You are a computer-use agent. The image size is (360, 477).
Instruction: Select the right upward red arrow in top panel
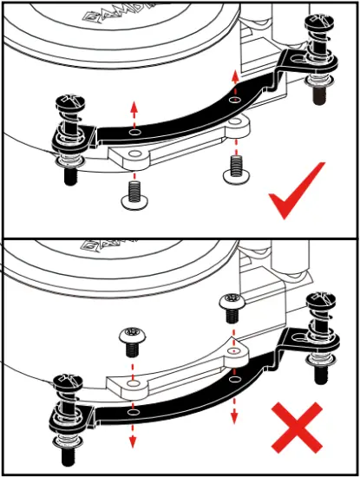click(234, 81)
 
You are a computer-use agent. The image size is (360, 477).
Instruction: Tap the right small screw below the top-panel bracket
click(234, 168)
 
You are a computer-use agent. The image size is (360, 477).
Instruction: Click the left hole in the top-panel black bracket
click(132, 134)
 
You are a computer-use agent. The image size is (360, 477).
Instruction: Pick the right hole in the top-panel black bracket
click(234, 101)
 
